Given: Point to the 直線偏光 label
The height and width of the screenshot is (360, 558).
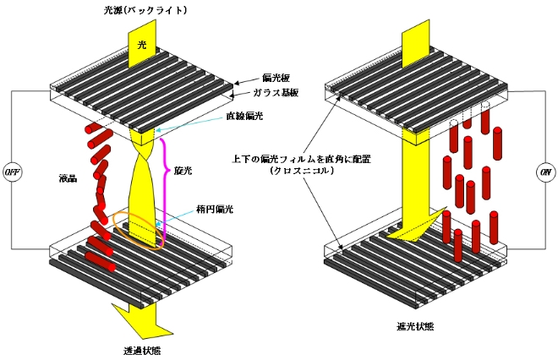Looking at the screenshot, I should [245, 116].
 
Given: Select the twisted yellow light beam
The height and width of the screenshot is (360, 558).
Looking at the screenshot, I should [148, 186].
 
